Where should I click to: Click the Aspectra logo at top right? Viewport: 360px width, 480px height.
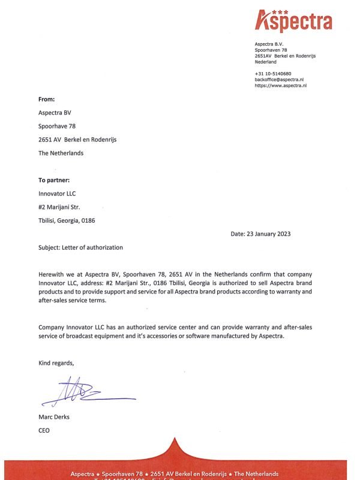293,21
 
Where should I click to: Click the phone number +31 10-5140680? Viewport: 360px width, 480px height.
273,73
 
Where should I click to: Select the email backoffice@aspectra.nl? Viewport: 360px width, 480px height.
280,79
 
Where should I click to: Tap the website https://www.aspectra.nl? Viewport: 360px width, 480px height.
281,86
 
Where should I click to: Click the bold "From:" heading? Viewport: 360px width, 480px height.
46,99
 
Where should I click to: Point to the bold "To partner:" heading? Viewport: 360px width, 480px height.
54,180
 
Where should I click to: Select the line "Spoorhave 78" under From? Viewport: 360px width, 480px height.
57,126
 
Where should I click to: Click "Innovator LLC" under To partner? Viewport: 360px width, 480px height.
57,193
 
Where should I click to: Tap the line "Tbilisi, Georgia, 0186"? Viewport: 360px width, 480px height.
67,220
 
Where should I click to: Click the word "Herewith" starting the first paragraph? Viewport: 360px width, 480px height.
52,274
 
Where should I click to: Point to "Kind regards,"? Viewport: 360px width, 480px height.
56,363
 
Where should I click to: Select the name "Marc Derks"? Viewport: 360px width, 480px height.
54,417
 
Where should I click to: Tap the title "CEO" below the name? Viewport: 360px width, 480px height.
44,430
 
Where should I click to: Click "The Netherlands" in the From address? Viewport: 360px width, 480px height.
61,153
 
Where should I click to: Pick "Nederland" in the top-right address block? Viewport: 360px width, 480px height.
266,62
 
